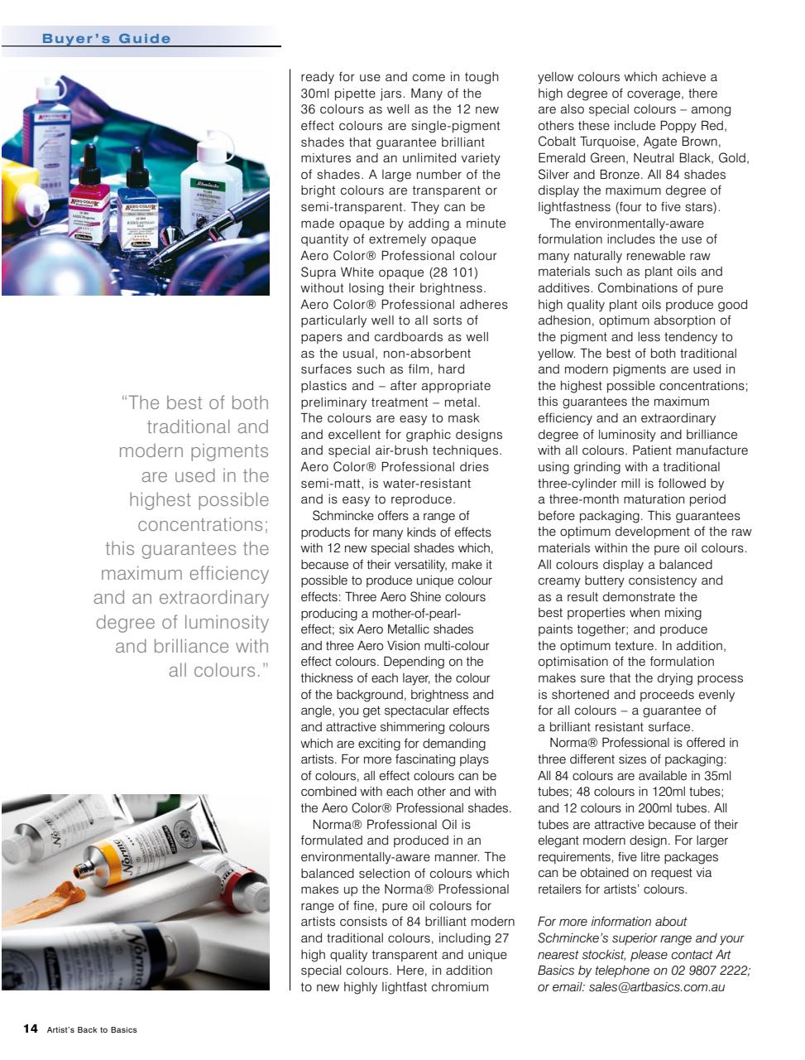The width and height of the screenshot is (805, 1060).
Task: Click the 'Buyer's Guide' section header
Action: click(x=107, y=39)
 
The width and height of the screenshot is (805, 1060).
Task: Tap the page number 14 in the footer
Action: click(x=30, y=1029)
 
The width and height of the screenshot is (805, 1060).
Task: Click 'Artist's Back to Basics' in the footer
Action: click(x=92, y=1029)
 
